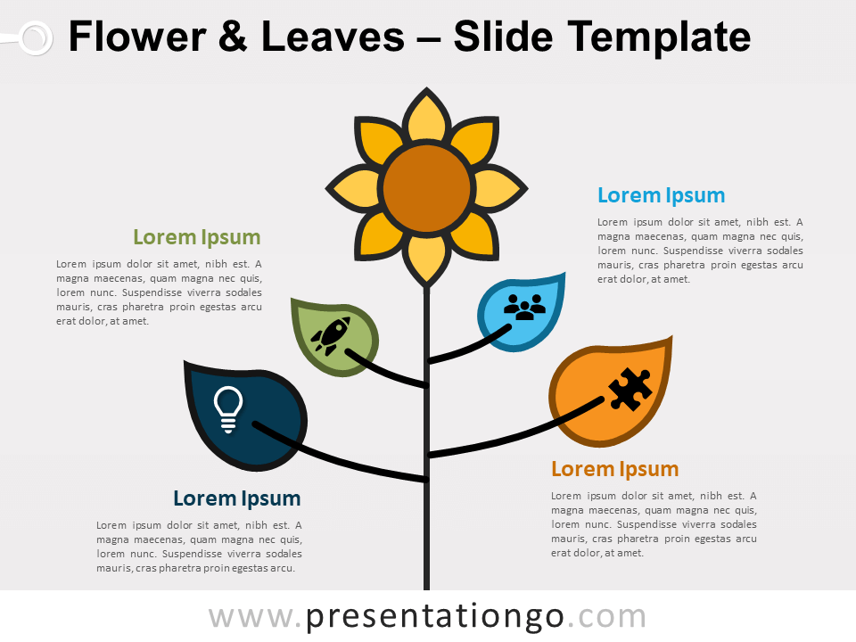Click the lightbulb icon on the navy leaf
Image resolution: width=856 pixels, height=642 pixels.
click(227, 409)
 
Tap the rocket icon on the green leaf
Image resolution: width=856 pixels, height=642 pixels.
click(330, 336)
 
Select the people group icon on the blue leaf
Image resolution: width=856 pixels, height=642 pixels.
click(524, 307)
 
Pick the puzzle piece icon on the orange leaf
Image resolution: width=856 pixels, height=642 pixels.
click(630, 389)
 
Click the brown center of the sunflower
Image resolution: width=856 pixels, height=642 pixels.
click(426, 188)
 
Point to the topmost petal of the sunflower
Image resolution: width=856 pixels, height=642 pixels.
click(426, 118)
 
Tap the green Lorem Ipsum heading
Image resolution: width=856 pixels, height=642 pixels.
click(196, 237)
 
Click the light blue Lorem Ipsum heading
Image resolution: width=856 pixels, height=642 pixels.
click(661, 195)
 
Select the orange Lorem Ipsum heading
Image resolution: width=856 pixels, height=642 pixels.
click(614, 469)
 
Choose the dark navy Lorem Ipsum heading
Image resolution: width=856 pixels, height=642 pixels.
click(237, 498)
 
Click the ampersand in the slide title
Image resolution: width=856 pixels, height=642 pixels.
click(233, 37)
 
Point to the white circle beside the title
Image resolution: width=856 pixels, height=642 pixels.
click(36, 38)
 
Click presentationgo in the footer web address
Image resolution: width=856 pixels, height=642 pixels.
click(434, 617)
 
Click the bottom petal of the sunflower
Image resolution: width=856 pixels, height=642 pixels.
click(426, 259)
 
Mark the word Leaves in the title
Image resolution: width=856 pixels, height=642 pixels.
click(333, 37)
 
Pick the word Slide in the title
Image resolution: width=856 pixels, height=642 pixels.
click(503, 37)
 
